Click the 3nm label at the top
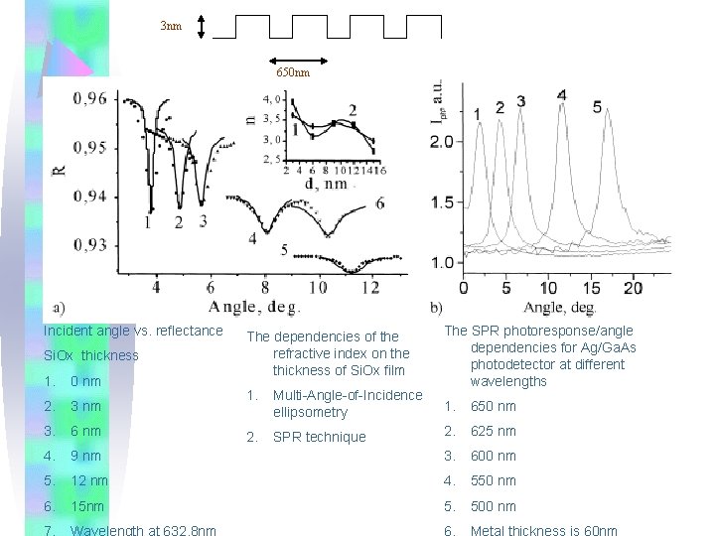tap(171, 26)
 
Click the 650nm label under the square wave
tap(292, 72)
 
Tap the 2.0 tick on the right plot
tap(442, 142)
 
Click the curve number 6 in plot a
tap(379, 203)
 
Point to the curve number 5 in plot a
tap(284, 249)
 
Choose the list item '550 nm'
tap(493, 480)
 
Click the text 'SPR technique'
tap(320, 437)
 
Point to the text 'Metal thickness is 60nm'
tap(543, 530)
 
